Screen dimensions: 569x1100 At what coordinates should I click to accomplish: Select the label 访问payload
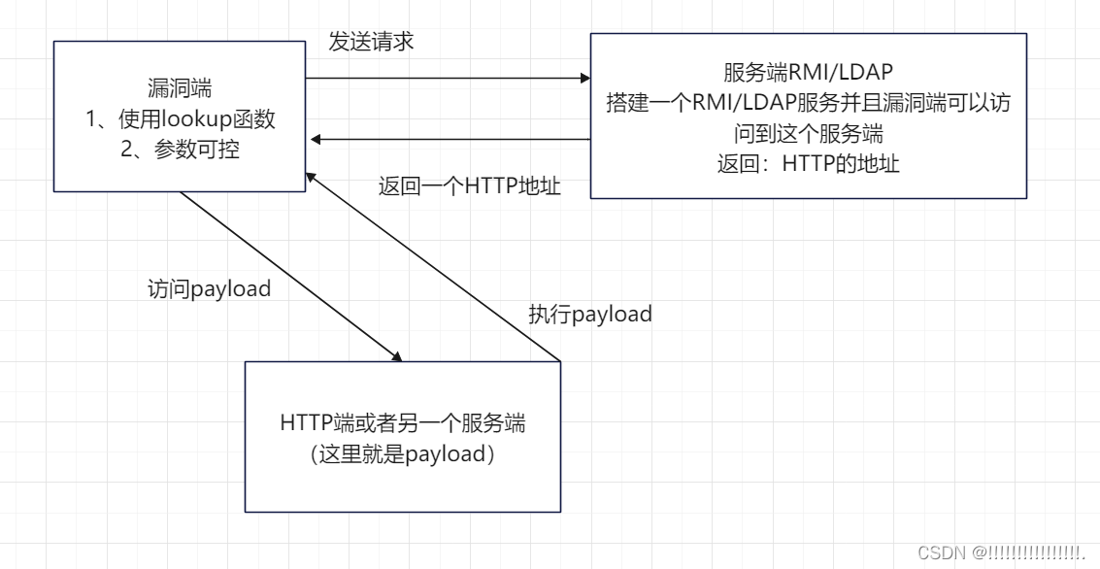tap(209, 289)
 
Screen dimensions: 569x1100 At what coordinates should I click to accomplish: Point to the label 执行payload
tap(589, 315)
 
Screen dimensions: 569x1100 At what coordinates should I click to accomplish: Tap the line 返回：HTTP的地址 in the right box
tap(808, 163)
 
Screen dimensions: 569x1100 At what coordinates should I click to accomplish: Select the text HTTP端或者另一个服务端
tap(402, 423)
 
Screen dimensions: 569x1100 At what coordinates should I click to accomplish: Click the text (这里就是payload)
tap(402, 453)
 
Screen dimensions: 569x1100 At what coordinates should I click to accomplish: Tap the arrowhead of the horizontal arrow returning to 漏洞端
tap(317, 140)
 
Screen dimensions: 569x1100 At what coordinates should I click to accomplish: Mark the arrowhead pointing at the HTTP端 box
tap(396, 356)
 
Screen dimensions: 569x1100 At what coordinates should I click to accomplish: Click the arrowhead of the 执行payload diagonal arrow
tap(310, 176)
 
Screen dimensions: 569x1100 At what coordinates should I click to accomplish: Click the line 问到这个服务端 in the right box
tap(808, 133)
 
